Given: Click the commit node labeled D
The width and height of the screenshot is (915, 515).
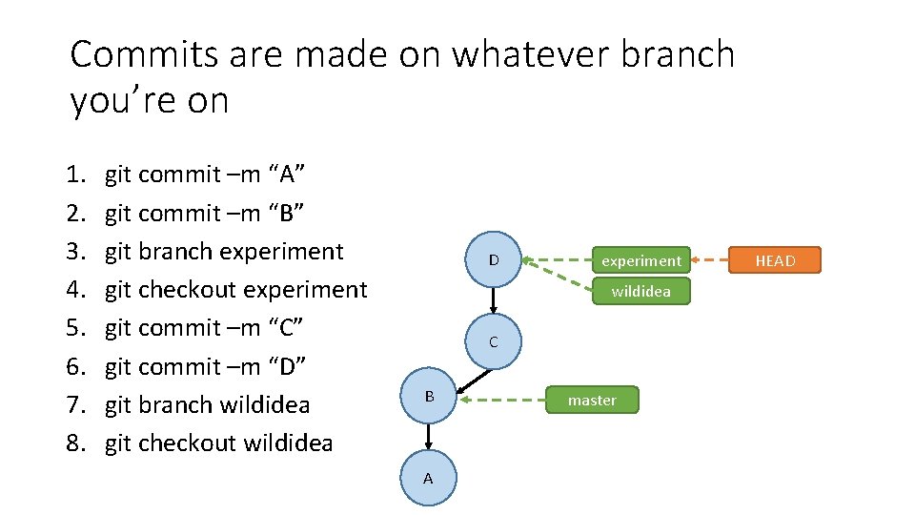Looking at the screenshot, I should [493, 259].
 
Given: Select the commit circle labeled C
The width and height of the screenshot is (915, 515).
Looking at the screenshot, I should [493, 341].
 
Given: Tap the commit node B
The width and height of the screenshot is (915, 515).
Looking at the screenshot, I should [429, 396].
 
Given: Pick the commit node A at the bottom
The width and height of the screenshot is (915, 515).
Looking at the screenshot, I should [428, 478].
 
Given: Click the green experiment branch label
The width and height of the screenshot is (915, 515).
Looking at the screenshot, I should [640, 260].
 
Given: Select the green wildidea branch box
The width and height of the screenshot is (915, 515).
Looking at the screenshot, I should [640, 291].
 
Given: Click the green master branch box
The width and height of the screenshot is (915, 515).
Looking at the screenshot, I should [592, 400].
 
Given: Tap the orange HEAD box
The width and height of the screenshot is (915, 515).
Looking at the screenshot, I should [775, 260].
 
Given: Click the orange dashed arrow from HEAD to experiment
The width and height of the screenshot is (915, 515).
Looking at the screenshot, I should [709, 259].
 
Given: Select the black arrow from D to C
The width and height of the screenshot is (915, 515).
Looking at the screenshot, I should [493, 300].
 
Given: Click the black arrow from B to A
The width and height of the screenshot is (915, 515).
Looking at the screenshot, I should [429, 436].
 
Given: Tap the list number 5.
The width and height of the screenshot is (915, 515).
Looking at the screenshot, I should [75, 328].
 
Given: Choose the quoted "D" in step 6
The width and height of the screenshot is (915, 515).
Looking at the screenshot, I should [287, 366].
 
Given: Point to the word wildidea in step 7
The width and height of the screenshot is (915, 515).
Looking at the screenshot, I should [265, 404].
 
